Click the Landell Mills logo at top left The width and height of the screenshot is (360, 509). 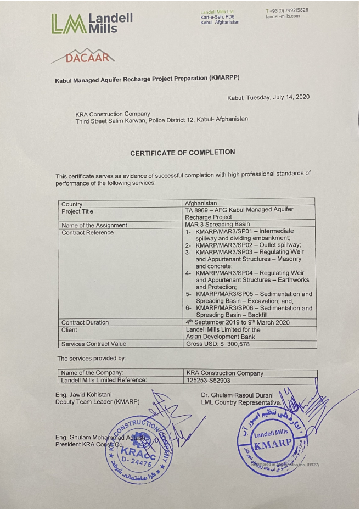pyautogui.click(x=92, y=23)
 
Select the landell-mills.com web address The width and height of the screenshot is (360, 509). pyautogui.click(x=283, y=16)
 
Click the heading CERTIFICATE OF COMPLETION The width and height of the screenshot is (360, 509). pyautogui.click(x=182, y=153)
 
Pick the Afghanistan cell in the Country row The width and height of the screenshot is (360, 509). pyautogui.click(x=201, y=203)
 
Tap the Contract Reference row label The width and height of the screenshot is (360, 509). pyautogui.click(x=87, y=232)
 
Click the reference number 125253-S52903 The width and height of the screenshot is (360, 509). pyautogui.click(x=209, y=380)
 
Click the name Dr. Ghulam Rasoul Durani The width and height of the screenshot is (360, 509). pyautogui.click(x=238, y=395)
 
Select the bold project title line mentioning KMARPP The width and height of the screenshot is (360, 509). pyautogui.click(x=147, y=79)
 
